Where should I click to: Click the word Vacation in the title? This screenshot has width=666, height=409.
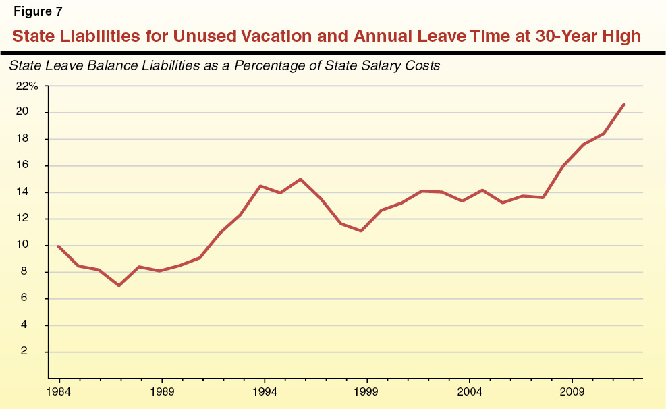[x=287, y=36]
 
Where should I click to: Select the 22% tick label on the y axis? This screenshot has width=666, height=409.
[x=28, y=86]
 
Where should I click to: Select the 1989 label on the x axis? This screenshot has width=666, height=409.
[x=161, y=391]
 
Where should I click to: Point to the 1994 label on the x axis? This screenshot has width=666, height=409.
[x=265, y=391]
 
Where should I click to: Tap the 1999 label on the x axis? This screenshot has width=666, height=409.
[x=367, y=391]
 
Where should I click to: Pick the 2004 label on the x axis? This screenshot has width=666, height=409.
[x=470, y=391]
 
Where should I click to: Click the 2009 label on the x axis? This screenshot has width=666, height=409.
[x=573, y=391]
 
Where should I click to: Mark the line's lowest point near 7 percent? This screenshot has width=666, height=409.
[x=119, y=285]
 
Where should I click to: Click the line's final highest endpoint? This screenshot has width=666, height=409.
[x=623, y=105]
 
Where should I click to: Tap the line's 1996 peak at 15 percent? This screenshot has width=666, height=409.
[x=300, y=180]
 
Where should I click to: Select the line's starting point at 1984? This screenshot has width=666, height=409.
[x=58, y=246]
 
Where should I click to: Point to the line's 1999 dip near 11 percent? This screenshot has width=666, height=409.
[x=362, y=231]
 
